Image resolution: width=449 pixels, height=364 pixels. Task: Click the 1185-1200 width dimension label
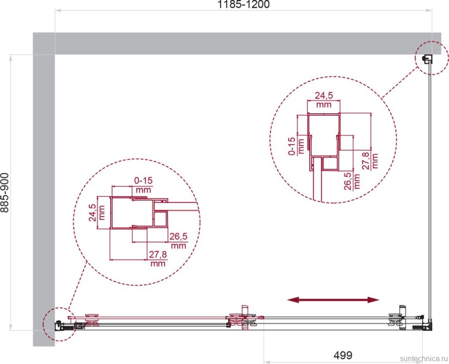point(243,4)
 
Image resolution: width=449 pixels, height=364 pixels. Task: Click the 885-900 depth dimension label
point(5,192)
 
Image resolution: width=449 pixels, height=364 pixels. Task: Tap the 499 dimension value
point(343,355)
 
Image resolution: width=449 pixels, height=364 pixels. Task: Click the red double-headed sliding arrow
point(333,300)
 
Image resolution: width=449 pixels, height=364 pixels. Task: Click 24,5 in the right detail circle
point(324,95)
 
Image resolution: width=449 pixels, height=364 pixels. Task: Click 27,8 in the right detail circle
point(366,161)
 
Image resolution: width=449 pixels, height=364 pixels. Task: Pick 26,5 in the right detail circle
point(348,181)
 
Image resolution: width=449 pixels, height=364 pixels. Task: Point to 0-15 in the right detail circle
point(292,146)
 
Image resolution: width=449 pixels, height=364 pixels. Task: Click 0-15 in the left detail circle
point(143,180)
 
